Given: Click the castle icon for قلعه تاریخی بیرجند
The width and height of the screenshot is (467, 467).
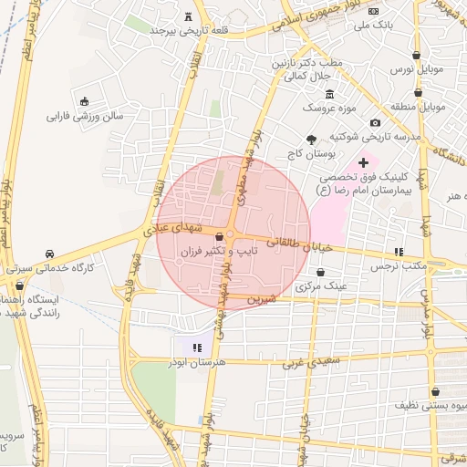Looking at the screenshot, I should click(x=188, y=16).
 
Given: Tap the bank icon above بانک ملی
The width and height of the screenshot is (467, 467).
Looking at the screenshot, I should click(x=373, y=11).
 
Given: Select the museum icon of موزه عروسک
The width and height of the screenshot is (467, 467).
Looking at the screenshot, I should click(x=329, y=95).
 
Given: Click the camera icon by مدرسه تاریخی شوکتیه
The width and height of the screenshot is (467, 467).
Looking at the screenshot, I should click(x=375, y=123).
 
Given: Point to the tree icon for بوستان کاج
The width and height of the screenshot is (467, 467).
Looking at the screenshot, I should click(x=312, y=140).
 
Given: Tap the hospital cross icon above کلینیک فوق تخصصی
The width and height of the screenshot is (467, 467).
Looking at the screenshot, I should click(x=362, y=161).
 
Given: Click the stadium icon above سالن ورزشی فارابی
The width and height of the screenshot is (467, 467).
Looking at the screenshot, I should click(x=85, y=101).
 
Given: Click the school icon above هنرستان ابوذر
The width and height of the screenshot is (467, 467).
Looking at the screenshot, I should click(x=197, y=348).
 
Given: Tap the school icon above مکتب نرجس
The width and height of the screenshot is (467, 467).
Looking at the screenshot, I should click(x=398, y=252).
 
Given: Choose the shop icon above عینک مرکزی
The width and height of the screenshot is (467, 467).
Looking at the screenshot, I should click(x=320, y=272).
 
